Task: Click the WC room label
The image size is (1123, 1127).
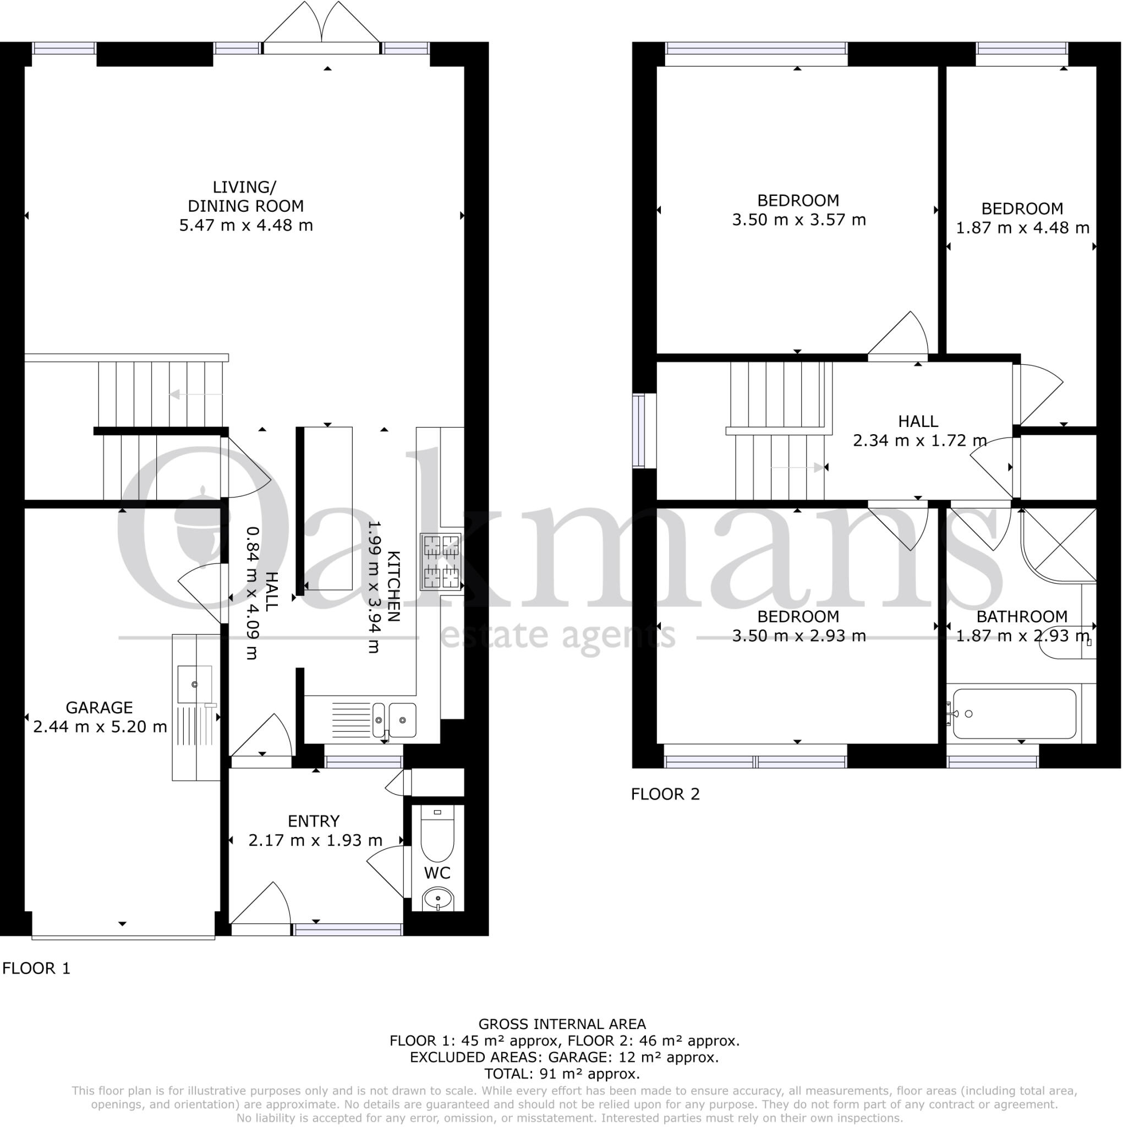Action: pos(437,873)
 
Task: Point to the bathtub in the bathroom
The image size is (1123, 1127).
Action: pos(1014,714)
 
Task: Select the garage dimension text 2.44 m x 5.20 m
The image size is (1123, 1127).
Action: pos(100,727)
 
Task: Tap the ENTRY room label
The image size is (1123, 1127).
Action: pos(313,820)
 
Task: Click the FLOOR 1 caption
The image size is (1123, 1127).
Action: pos(36,969)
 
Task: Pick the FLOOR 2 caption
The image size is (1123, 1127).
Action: pos(665,794)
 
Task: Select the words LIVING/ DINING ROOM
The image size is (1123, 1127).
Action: pos(245,196)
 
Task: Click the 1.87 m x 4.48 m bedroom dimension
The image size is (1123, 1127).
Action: pos(1022,227)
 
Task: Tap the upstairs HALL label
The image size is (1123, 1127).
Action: pos(918,421)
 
